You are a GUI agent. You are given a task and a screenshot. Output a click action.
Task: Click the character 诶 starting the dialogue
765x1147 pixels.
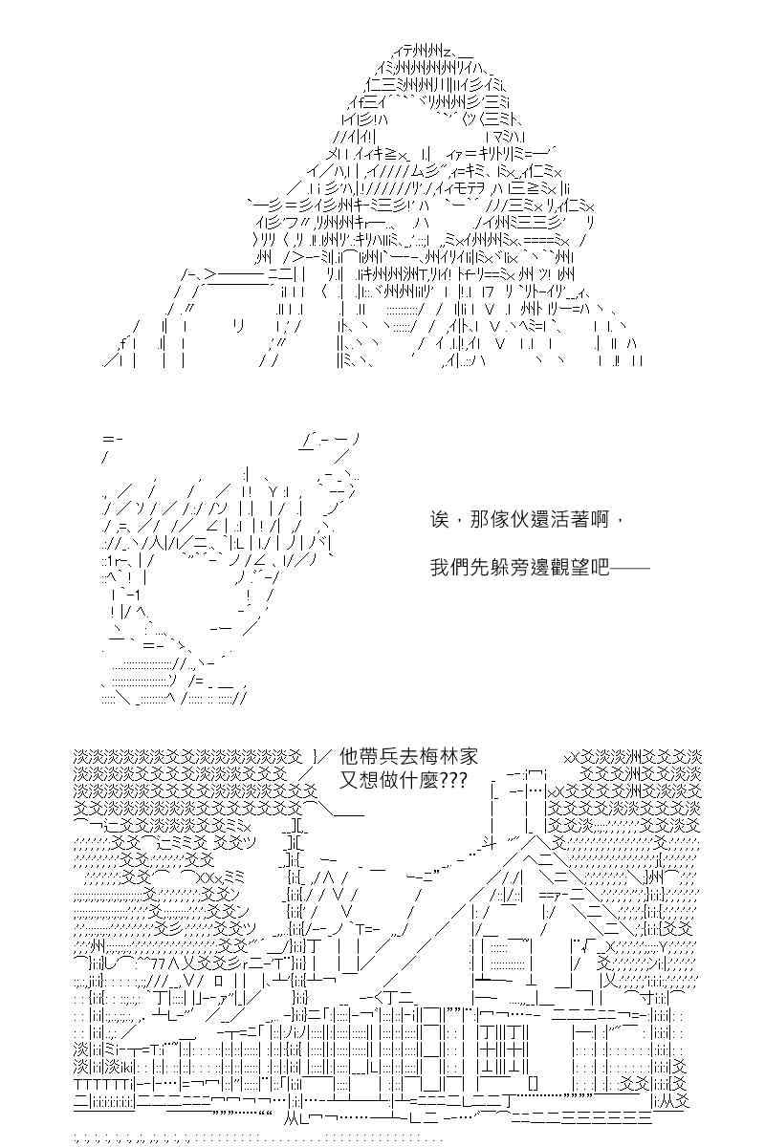click(x=439, y=520)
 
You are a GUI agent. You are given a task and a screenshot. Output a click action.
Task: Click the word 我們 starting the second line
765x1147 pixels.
click(x=448, y=569)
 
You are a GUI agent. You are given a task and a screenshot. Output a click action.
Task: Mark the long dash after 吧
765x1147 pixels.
click(x=630, y=568)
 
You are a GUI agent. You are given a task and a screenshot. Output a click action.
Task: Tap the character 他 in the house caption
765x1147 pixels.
click(x=349, y=756)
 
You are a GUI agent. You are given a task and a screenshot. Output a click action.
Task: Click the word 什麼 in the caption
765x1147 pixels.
click(x=419, y=781)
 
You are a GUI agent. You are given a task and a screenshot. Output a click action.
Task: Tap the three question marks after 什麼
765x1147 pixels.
click(x=452, y=781)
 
